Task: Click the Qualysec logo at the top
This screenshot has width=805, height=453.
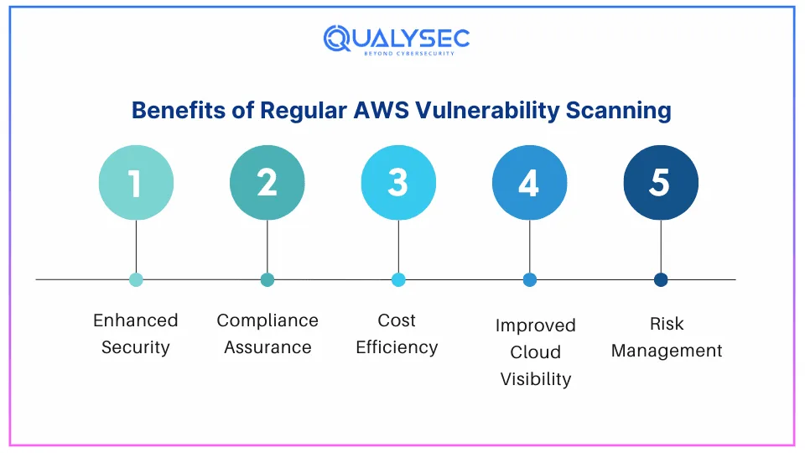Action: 397,40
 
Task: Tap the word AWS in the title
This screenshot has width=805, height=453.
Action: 381,111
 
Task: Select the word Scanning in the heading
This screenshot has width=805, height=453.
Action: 619,112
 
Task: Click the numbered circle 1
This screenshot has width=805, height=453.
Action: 136,183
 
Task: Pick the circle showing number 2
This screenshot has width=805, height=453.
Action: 267,183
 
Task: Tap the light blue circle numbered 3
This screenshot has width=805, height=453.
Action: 398,183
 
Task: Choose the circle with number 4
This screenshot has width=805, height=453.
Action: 529,183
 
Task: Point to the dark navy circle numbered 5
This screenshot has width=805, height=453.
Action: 661,183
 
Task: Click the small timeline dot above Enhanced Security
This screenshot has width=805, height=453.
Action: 136,280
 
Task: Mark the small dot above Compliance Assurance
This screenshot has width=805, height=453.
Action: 267,280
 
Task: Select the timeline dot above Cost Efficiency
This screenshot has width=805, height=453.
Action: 398,280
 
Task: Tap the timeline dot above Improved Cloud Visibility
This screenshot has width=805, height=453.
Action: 529,280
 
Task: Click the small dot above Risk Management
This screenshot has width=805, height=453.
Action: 661,280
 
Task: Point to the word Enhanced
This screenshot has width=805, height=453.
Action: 136,320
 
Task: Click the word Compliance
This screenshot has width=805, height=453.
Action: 267,321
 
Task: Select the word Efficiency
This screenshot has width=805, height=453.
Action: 397,348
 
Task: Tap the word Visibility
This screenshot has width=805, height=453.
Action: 536,379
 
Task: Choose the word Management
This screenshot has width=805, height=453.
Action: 667,351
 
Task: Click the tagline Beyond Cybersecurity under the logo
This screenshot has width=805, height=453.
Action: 409,54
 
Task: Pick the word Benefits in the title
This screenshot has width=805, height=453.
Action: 179,111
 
